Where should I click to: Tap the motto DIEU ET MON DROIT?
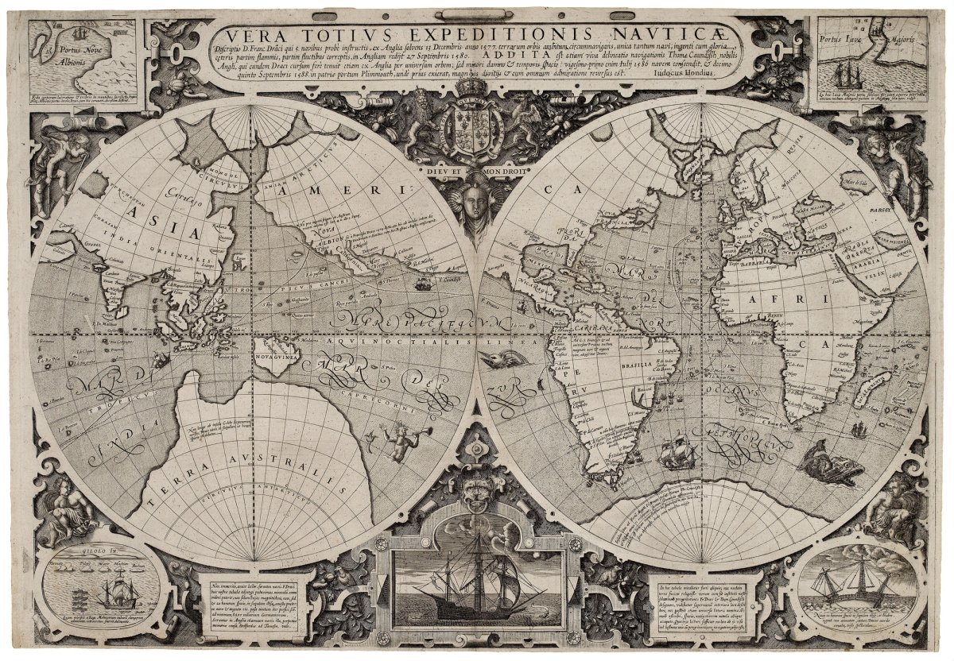pos(477,169)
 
